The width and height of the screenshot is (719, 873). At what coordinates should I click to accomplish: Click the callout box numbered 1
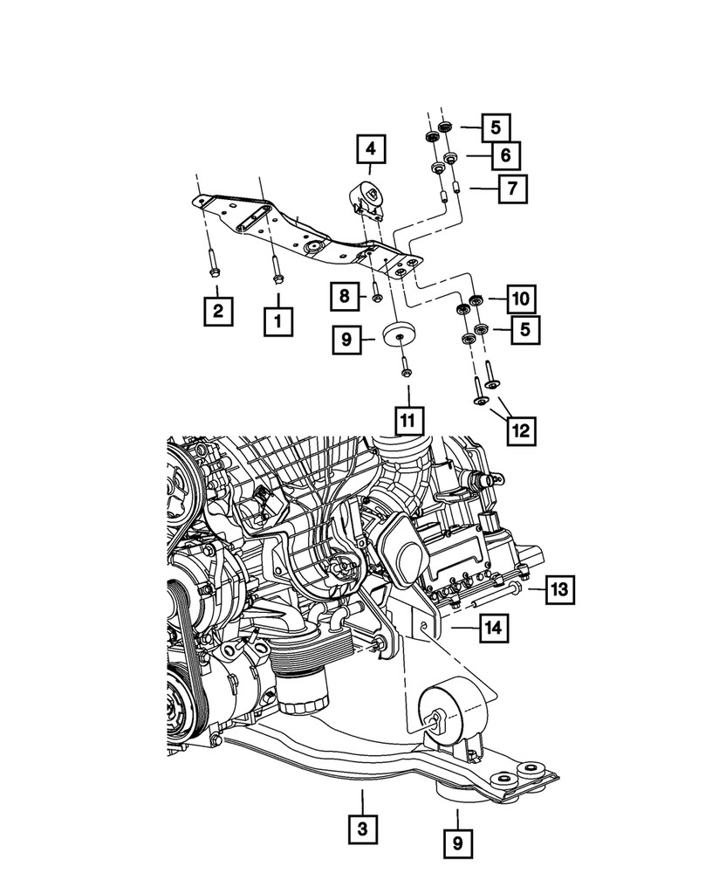[278, 322]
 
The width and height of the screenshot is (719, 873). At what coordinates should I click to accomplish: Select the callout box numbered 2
[218, 310]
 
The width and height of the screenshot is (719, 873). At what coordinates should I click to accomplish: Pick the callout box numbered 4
[369, 151]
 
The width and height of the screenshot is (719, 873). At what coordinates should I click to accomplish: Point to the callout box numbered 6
[505, 156]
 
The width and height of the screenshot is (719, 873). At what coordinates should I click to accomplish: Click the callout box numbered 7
[513, 189]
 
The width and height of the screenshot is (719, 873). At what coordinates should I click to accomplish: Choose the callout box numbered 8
[345, 297]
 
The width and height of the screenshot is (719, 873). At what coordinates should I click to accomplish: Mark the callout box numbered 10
[521, 299]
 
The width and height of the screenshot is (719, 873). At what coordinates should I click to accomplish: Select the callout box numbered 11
[407, 420]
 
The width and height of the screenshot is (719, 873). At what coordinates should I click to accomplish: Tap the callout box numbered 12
[521, 430]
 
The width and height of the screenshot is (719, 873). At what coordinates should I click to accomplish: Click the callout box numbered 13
[559, 591]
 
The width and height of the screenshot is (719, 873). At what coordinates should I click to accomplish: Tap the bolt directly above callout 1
[277, 268]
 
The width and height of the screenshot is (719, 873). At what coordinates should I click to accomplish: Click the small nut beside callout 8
[377, 295]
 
